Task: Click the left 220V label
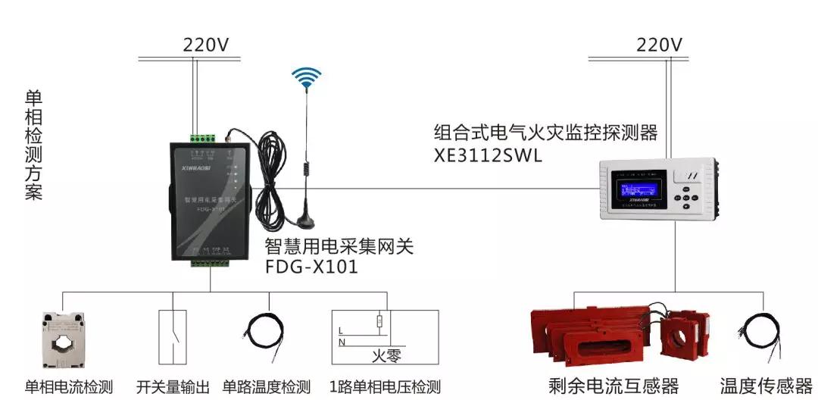pos(205,45)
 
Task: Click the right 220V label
pos(659,45)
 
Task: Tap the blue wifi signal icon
pos(308,78)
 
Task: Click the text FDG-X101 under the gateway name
pos(311,267)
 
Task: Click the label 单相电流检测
pos(69,386)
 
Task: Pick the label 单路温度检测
pos(267,386)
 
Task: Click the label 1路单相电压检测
pos(385,386)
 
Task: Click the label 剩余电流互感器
pos(613,386)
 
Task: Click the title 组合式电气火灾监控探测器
pos(545,133)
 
